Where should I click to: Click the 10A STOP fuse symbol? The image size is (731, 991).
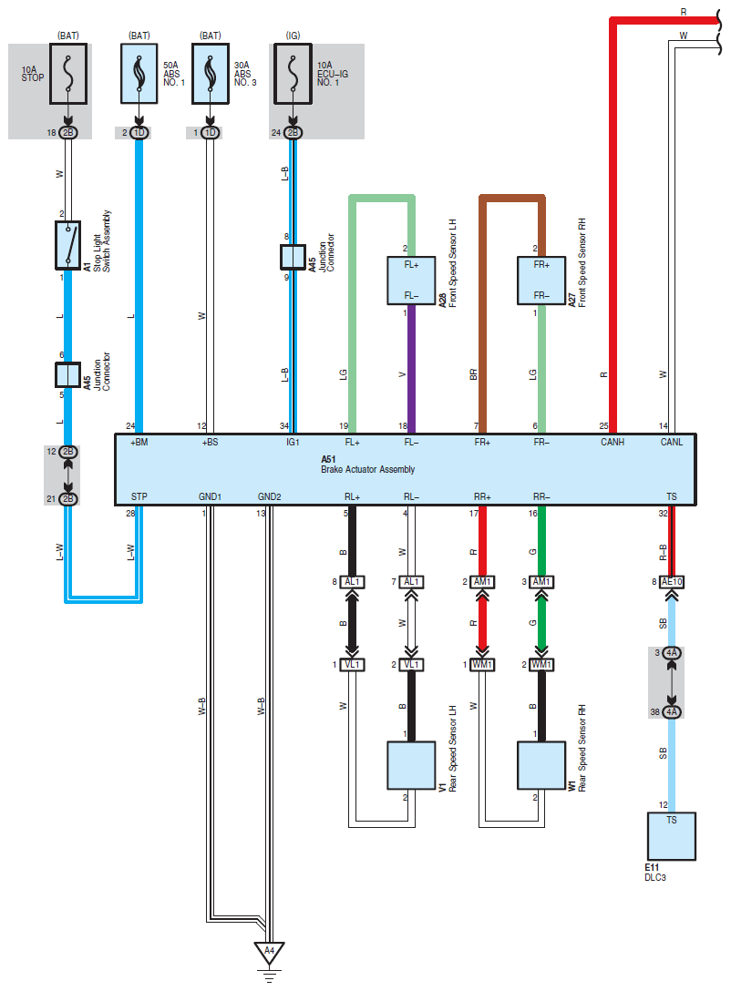click(x=68, y=73)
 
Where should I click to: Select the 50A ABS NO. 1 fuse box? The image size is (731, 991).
click(x=139, y=73)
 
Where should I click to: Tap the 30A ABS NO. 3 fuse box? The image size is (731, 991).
click(x=211, y=73)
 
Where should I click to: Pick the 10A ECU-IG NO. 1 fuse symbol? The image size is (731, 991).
click(x=293, y=73)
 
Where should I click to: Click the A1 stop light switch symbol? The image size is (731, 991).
click(x=67, y=245)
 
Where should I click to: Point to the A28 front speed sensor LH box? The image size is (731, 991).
click(x=412, y=281)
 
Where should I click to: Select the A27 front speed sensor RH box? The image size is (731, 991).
click(x=541, y=281)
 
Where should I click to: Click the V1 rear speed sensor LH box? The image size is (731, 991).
click(x=411, y=765)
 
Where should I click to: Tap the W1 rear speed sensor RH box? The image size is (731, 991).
click(x=541, y=765)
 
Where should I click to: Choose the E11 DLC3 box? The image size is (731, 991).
click(x=672, y=836)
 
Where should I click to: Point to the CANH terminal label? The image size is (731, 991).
click(x=613, y=443)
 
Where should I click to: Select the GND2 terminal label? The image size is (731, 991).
click(x=270, y=496)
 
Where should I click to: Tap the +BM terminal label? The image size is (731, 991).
click(x=139, y=443)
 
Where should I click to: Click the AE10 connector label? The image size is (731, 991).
click(x=672, y=581)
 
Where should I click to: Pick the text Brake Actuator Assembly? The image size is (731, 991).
click(x=367, y=470)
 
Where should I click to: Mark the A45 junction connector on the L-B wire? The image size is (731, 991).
click(x=293, y=257)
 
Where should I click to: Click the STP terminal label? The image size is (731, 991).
click(x=139, y=496)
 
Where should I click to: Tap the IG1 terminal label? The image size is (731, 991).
click(x=293, y=443)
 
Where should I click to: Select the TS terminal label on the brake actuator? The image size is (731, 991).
click(x=672, y=496)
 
